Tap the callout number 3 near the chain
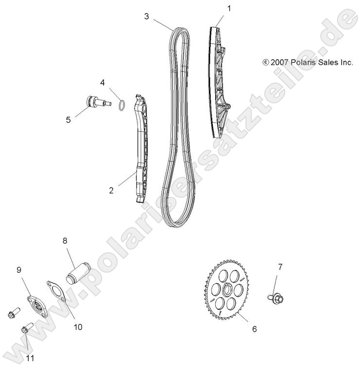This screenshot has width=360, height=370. (x=147, y=17)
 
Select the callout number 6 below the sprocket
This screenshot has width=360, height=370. (x=254, y=329)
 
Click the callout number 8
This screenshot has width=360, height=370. (x=65, y=240)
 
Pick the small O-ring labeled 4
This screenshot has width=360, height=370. (x=123, y=105)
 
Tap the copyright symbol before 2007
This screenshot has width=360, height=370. (x=265, y=62)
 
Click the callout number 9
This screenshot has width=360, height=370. (x=19, y=270)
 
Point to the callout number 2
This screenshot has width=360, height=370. (x=111, y=190)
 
